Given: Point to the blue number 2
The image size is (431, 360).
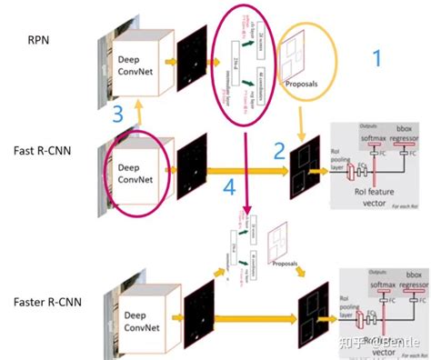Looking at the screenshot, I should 281,152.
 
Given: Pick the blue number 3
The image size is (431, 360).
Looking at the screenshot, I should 117,115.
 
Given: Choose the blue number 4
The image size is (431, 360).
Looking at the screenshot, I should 231,188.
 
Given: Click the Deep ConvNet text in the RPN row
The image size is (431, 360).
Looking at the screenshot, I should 134,66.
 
